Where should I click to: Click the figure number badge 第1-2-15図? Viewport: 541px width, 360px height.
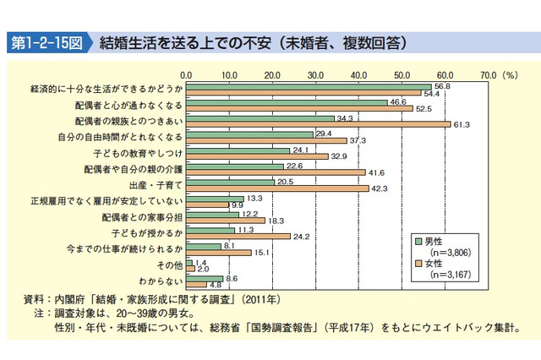48,40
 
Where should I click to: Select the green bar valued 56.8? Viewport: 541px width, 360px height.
309,85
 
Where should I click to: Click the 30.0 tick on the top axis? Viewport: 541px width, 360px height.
315,74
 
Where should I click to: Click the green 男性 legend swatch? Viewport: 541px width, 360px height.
418,241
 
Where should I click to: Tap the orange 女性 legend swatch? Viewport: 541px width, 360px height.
418,263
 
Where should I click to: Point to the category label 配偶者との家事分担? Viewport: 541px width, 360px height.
144,216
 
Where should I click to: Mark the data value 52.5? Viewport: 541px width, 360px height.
423,108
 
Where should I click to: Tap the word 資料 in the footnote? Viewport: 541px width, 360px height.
36,299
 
